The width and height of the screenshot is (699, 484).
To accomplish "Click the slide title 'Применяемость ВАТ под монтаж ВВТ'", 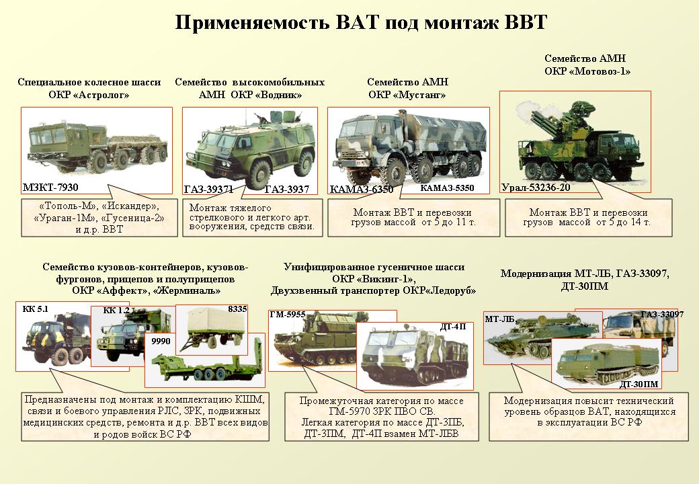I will coord(362,22).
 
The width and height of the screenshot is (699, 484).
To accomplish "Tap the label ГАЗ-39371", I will coord(208,190).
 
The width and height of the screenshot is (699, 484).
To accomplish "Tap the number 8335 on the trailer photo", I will coord(237,310).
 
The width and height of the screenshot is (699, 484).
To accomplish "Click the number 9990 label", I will coord(162,341).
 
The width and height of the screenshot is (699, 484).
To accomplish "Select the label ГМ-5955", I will coord(287,314).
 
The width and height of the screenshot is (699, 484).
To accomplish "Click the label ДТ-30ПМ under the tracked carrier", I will coord(639,384).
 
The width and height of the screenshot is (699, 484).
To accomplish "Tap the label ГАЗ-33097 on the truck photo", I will coord(661,314).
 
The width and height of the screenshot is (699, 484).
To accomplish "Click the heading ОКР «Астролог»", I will coord(89,95).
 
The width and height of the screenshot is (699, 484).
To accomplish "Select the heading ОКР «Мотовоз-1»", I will coord(588,71).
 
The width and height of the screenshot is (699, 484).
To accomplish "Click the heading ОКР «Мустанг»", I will coord(407,95).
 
